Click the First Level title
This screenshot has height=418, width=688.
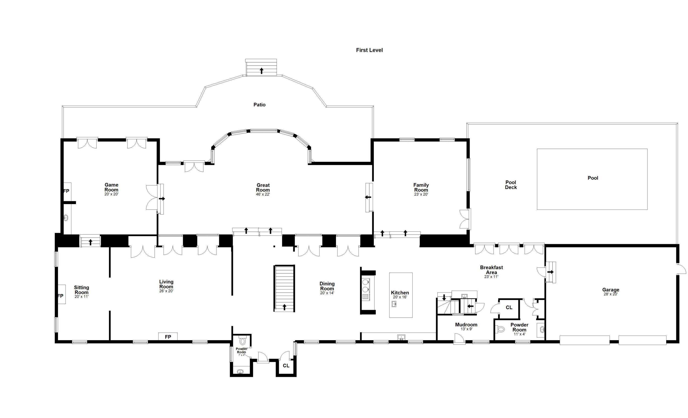369,50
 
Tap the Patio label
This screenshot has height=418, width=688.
259,105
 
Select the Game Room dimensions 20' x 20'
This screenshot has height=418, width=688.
111,194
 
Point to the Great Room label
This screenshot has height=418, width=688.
263,188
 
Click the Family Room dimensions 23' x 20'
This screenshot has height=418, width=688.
421,194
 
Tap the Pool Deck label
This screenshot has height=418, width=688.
511,185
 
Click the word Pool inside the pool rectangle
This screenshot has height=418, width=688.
593,178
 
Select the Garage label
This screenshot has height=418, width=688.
610,290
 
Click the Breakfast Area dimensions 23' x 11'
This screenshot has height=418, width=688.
491,277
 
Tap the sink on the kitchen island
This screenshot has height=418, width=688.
394,304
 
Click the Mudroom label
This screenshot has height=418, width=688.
466,325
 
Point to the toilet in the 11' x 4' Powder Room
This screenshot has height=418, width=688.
501,330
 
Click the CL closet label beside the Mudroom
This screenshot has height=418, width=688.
509,307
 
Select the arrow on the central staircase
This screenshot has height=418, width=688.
284,307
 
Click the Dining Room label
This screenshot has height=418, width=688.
327,286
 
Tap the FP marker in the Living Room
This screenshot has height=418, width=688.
168,337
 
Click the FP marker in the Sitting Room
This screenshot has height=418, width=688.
60,296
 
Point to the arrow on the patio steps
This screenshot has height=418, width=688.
261,71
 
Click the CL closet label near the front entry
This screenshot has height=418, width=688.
286,365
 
